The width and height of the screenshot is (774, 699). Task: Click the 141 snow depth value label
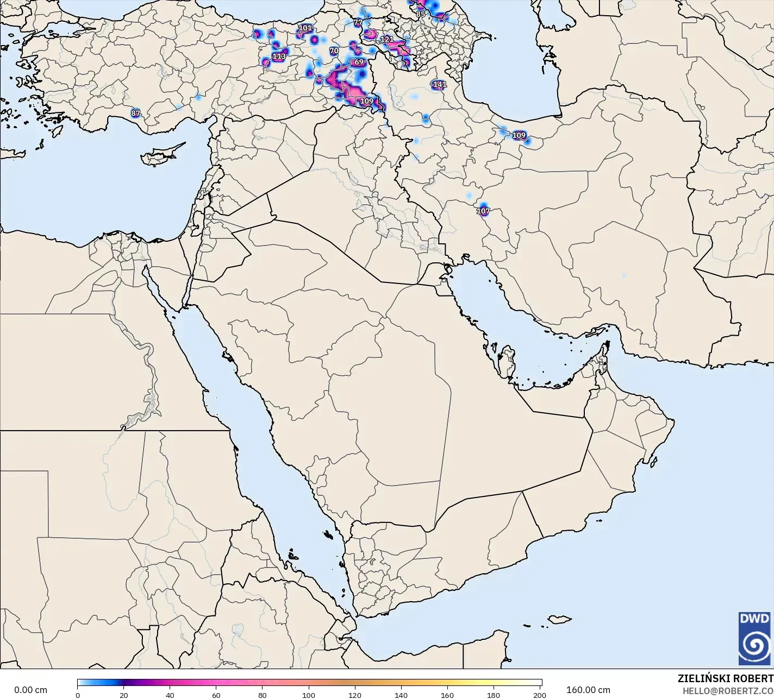pyautogui.click(x=440, y=84)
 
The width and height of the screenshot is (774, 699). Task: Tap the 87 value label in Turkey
pyautogui.click(x=135, y=114)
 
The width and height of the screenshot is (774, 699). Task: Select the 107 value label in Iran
pyautogui.click(x=483, y=211)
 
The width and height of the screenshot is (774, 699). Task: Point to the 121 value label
pyautogui.click(x=387, y=39)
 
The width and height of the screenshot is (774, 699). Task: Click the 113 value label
pyautogui.click(x=279, y=56)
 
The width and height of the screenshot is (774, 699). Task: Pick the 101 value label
pyautogui.click(x=305, y=28)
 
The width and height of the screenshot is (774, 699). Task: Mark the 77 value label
pyautogui.click(x=358, y=23)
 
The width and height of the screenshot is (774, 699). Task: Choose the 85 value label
pyautogui.click(x=421, y=14)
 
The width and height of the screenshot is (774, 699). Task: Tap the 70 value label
pyautogui.click(x=334, y=51)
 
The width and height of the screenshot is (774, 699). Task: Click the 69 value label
pyautogui.click(x=359, y=62)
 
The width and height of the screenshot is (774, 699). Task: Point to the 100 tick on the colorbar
pyautogui.click(x=309, y=695)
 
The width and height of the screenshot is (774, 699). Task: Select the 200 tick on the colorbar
pyautogui.click(x=540, y=695)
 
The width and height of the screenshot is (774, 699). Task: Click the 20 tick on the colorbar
pyautogui.click(x=124, y=695)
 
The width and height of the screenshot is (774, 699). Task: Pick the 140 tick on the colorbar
pyautogui.click(x=401, y=695)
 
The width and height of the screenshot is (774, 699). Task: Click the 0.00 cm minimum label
pyautogui.click(x=30, y=690)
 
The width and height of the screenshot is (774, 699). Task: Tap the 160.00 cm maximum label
pyautogui.click(x=588, y=690)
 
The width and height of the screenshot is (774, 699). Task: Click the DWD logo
pyautogui.click(x=754, y=638)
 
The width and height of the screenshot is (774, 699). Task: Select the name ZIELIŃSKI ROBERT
pyautogui.click(x=725, y=678)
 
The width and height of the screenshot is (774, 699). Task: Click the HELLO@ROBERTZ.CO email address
pyautogui.click(x=728, y=690)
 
